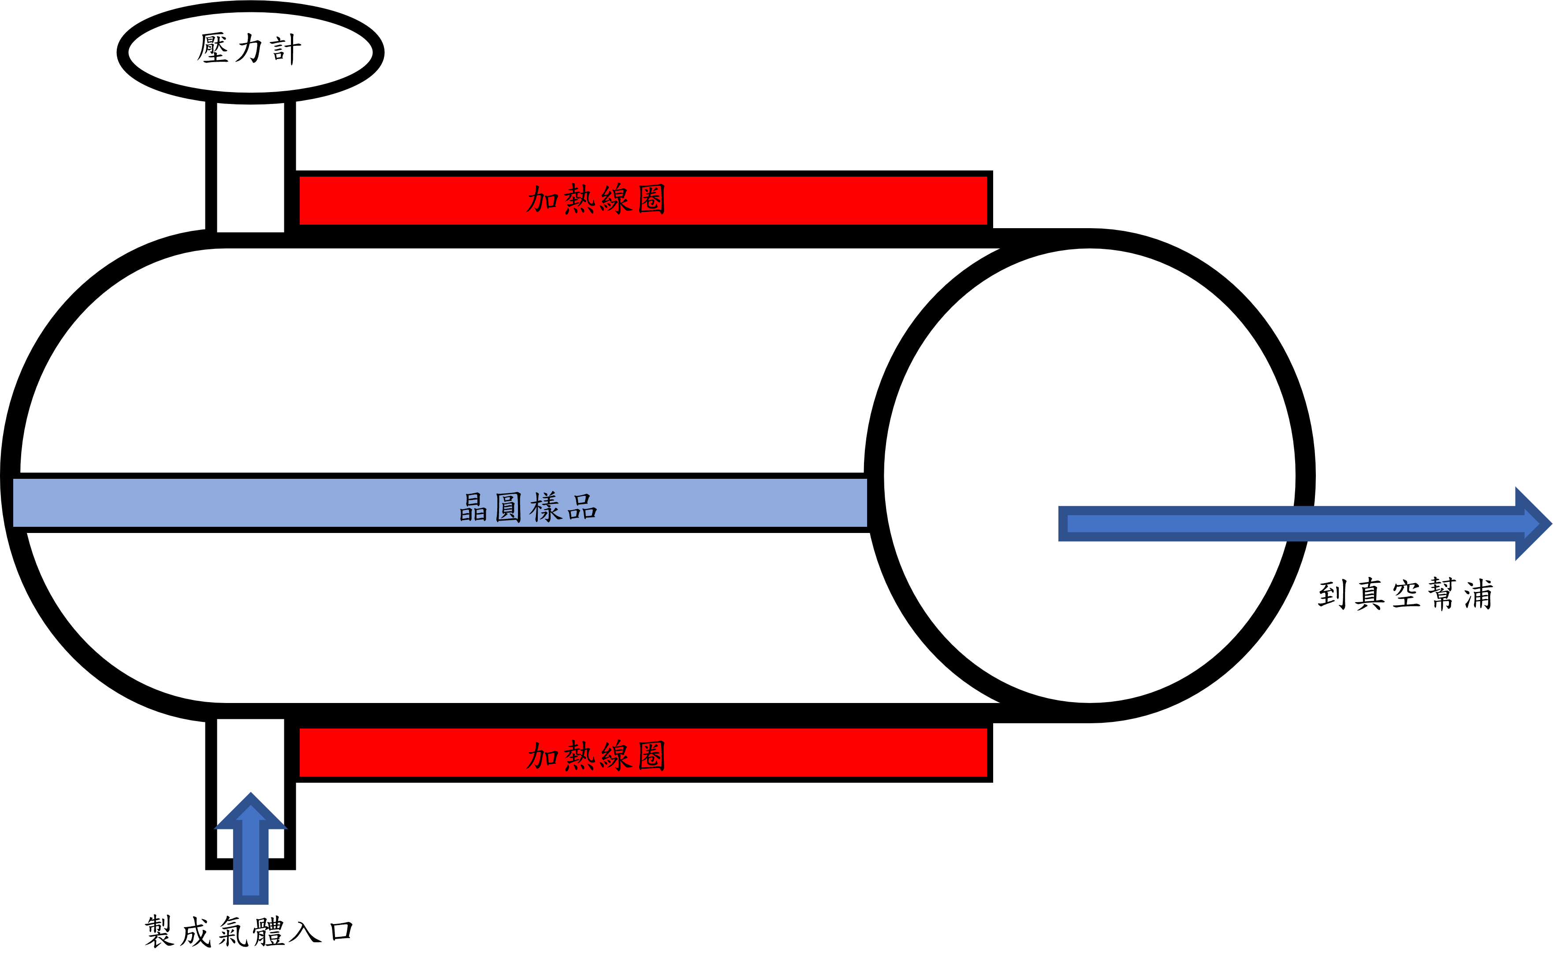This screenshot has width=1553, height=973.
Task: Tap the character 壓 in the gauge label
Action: point(212,49)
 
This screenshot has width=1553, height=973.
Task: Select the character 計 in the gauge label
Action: point(286,49)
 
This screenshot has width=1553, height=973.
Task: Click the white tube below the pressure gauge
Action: point(250,167)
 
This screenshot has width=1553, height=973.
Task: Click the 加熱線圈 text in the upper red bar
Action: point(596,200)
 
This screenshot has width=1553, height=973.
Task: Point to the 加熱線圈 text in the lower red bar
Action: point(596,755)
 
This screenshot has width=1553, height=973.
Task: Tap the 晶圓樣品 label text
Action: point(528,507)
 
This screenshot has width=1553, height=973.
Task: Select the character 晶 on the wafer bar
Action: point(473,507)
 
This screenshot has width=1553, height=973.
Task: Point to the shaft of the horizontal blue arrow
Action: point(1288,524)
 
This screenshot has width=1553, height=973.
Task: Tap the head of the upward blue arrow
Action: point(250,812)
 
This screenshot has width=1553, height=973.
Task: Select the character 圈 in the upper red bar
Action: point(652,200)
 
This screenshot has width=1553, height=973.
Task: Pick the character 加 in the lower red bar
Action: point(542,755)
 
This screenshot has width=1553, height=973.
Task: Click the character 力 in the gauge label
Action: point(249,49)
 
